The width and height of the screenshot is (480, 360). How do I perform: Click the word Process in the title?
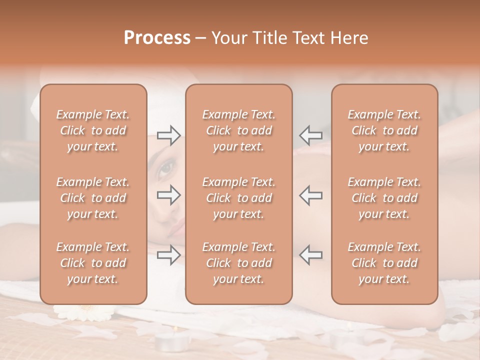[157, 38]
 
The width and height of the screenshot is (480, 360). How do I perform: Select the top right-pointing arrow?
[168, 135]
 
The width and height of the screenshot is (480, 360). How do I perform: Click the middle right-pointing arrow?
[168, 195]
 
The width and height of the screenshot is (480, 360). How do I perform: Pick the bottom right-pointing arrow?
[168, 255]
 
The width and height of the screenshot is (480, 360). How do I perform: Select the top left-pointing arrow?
[310, 135]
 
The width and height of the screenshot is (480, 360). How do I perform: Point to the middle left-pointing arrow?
[310, 195]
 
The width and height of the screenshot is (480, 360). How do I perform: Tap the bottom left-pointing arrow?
[310, 255]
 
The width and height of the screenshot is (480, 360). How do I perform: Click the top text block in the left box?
[93, 130]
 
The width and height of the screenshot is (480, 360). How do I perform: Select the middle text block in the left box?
[93, 198]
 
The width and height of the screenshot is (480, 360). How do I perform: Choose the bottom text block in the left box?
[93, 263]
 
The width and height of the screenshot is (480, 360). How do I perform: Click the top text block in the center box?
[238, 130]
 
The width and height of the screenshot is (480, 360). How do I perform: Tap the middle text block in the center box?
[238, 198]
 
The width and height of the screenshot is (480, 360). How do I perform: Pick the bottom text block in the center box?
[238, 263]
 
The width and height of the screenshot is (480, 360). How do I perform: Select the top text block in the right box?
[384, 130]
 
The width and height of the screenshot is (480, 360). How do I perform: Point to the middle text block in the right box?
[384, 198]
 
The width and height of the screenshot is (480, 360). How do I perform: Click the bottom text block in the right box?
[384, 263]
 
